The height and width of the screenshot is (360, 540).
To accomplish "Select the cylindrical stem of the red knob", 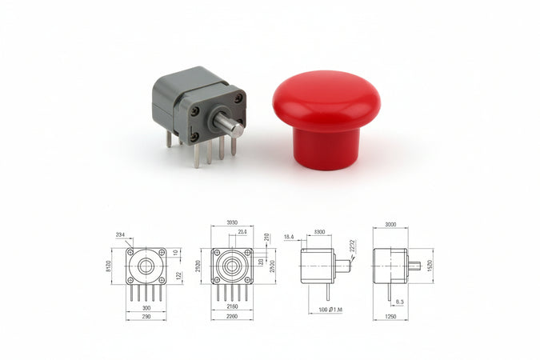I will point(324,148).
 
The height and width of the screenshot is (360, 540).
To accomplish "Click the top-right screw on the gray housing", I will point(238,98).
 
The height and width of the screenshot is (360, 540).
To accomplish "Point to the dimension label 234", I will point(120,234).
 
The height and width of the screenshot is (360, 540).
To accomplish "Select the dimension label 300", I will point(146,306).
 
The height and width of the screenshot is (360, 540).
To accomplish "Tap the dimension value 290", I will point(146,318).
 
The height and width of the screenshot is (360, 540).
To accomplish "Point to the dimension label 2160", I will point(231,306).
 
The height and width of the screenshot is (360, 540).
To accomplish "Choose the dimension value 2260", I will point(231,318).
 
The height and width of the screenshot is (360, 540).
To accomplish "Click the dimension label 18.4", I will point(289,237).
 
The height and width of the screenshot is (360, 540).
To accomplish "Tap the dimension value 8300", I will point(318,232).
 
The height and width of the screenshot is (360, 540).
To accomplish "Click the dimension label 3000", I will point(390,225).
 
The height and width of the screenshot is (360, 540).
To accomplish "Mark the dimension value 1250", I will point(390,318).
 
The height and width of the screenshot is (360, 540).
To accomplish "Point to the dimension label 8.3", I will point(399,302).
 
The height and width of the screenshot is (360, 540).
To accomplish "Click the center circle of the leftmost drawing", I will point(146,266).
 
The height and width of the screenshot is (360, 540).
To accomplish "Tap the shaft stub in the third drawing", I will point(342,263).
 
